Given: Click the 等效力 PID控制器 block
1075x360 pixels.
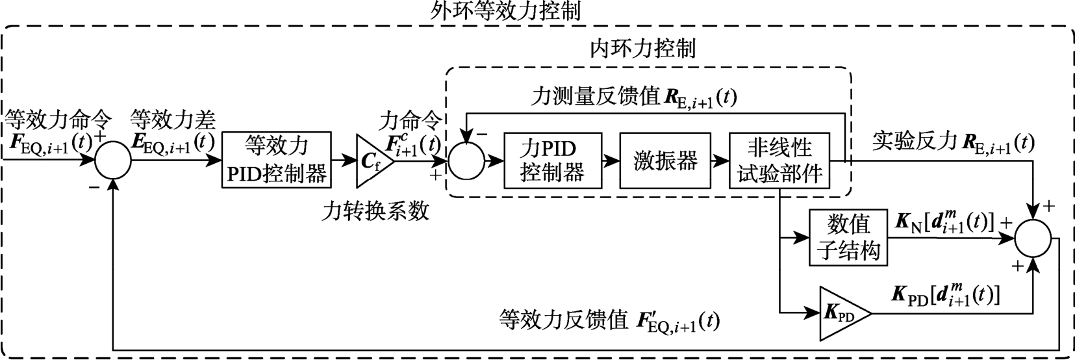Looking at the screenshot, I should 276,161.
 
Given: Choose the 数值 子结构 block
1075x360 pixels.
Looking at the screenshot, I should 848,238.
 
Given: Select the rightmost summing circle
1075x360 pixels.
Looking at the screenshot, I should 1033,238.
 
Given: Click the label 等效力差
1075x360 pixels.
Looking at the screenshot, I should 173,119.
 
